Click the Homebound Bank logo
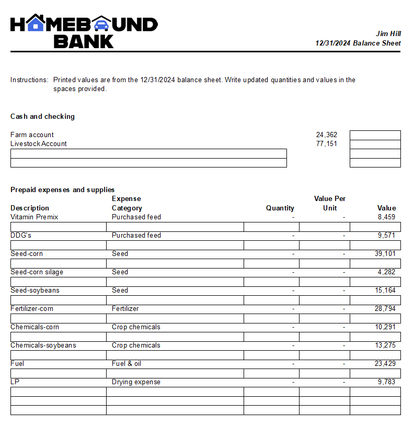[84, 31]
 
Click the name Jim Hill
[388, 34]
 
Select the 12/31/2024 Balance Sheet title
[358, 43]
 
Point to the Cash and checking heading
[42, 116]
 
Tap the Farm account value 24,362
[327, 135]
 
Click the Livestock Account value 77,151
[327, 143]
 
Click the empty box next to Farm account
[375, 135]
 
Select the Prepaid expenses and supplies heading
[62, 189]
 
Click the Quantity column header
[280, 208]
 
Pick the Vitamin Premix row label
[34, 217]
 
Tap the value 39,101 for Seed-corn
[385, 253]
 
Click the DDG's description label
[21, 235]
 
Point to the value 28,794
[385, 308]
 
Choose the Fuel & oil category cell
[126, 363]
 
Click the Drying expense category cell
[136, 382]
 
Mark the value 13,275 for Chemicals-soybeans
[385, 345]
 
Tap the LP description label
[15, 382]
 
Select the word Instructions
[29, 80]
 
